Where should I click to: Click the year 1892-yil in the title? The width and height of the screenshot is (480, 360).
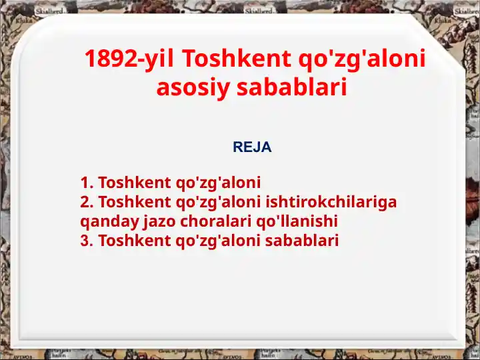click(129, 59)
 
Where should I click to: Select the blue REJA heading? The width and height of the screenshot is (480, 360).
click(252, 147)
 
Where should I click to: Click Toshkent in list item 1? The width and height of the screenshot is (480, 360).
click(134, 183)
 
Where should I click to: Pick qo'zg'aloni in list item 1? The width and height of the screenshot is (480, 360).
click(218, 183)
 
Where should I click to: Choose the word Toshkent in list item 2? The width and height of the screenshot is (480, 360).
click(134, 202)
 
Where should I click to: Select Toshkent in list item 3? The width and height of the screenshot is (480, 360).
click(134, 241)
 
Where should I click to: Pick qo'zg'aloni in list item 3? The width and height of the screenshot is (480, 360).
click(218, 241)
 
